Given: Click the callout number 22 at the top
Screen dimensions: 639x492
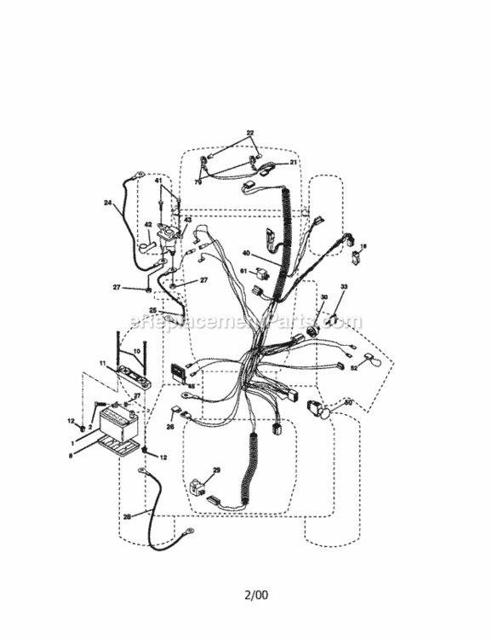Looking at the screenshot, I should (250, 133).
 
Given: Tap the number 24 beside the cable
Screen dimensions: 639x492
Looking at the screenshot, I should (108, 203).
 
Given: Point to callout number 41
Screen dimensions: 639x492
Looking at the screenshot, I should (158, 181).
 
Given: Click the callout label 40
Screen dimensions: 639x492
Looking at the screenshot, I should (246, 253).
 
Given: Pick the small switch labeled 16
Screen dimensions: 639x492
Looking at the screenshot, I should (355, 252).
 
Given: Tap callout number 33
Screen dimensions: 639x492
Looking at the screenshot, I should (345, 288).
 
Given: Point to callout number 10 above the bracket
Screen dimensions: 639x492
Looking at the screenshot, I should (136, 351).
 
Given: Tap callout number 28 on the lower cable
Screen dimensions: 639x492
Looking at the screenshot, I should (127, 515).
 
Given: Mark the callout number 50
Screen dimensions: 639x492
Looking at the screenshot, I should (348, 402).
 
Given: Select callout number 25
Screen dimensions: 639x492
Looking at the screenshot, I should (153, 310).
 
